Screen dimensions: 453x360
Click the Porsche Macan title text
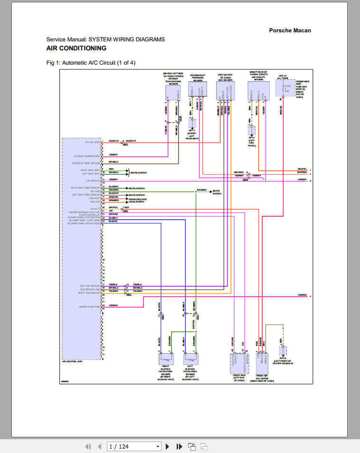coord(290,30)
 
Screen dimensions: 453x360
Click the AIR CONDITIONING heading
coord(76,48)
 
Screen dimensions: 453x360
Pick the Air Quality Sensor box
coord(258,91)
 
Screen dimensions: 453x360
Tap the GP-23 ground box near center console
coord(283,352)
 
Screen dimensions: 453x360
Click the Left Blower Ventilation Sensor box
coord(191,360)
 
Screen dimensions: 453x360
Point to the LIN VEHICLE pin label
coord(93,181)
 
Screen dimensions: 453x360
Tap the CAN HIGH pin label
coord(95,198)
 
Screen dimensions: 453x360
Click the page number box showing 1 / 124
coord(134,446)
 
